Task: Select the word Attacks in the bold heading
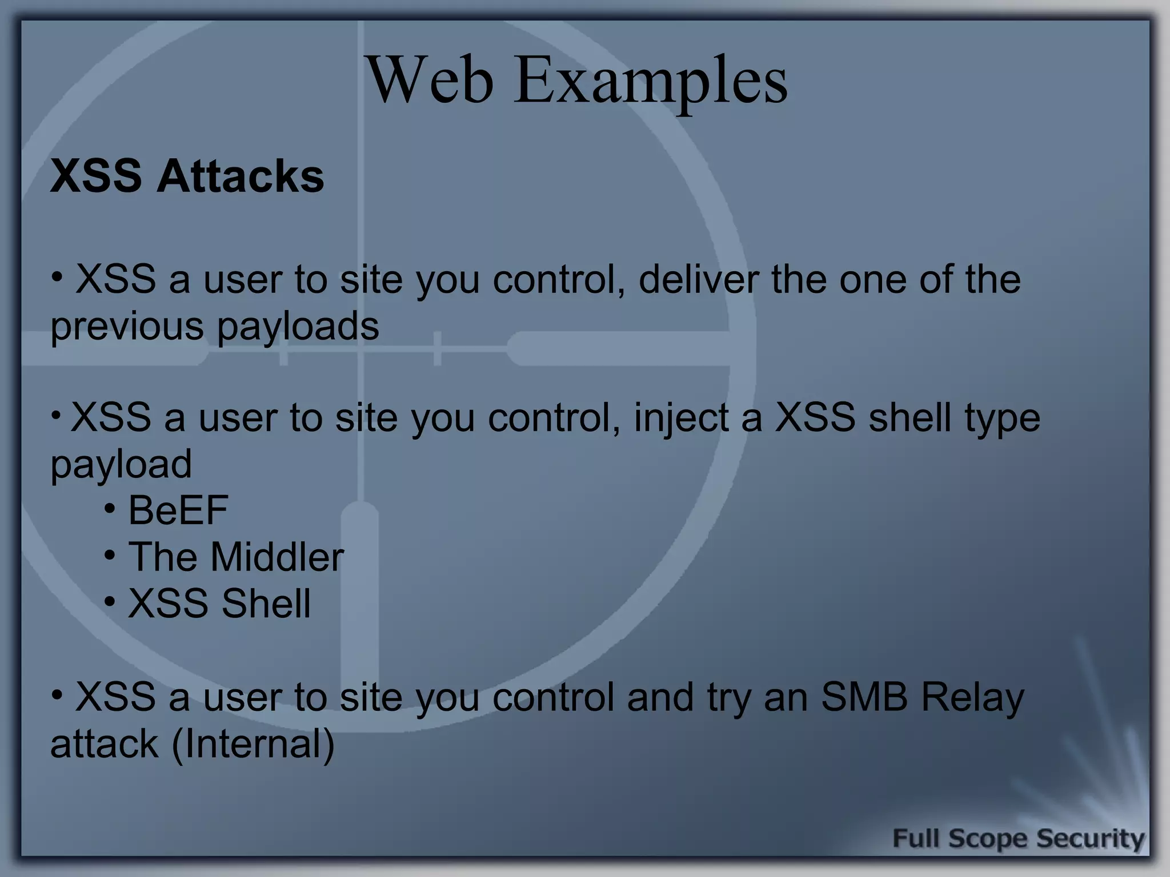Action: pos(240,176)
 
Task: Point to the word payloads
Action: pos(298,327)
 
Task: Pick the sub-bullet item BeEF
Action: pos(178,510)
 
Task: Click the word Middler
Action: pos(277,557)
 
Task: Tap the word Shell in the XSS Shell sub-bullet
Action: pos(266,604)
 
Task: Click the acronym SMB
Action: pos(864,697)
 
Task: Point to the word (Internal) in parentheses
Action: pos(253,744)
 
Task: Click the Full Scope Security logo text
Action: pos(1018,839)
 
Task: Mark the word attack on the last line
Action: pos(104,744)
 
